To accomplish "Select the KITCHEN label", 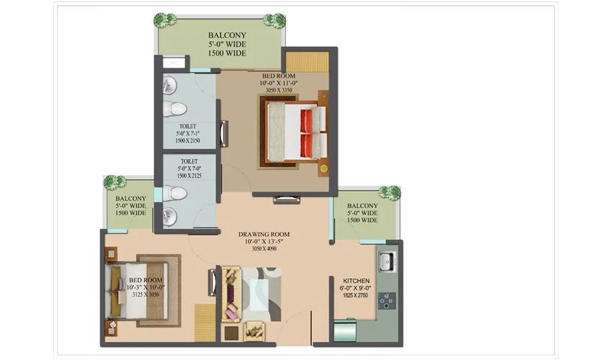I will pos(356,288).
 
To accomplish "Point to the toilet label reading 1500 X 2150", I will pos(189,133).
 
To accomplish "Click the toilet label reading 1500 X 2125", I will pos(189,169).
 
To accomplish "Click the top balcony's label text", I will pos(227,44).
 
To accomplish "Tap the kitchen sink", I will pos(386,260).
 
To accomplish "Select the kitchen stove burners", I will pos(387,302).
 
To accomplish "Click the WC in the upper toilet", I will pos(174,109).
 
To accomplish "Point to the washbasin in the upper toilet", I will pos(169,86).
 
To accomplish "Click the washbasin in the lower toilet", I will pos(169,215).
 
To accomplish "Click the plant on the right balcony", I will pos(390,192).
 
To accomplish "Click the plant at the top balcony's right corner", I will pos(274,19).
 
